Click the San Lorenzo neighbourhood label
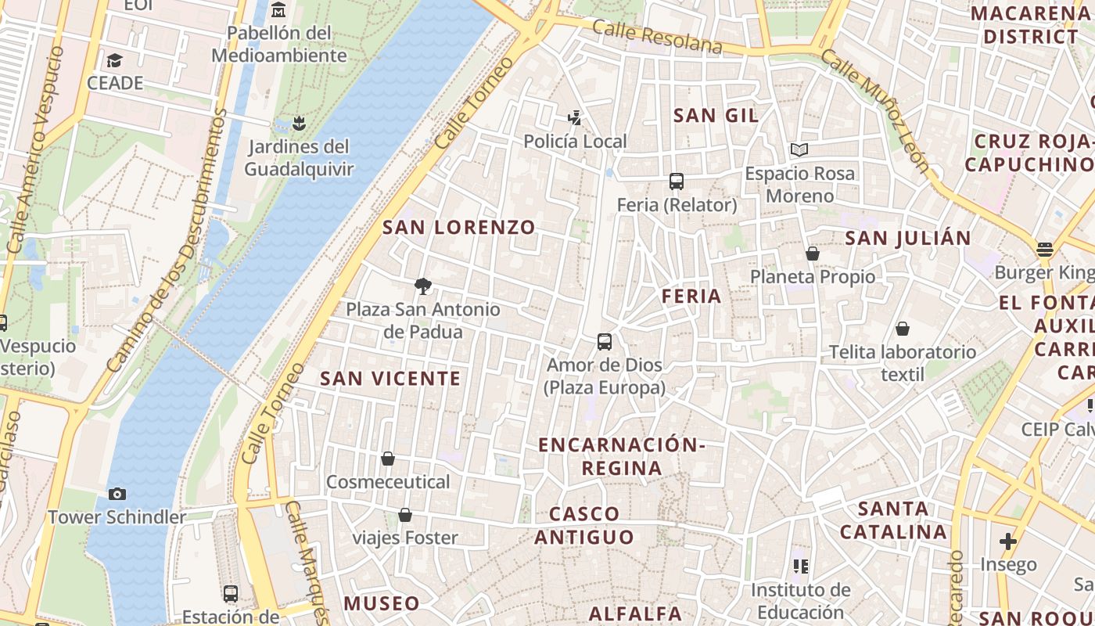coord(459,228)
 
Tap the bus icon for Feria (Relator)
coord(677,182)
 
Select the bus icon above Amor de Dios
coord(605,341)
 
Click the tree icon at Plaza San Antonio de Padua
coord(423,286)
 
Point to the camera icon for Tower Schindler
coord(117,494)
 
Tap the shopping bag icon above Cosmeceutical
coord(388,458)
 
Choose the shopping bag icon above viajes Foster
coord(405,514)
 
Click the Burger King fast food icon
coord(1045,250)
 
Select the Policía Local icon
coord(575,118)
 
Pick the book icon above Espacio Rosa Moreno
coord(799,149)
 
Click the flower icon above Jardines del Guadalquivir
coord(298,123)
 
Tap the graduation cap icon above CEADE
coord(115,60)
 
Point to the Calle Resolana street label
coord(657,38)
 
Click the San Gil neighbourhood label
coord(716,116)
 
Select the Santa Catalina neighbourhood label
coord(892,520)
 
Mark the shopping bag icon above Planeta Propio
coord(813,254)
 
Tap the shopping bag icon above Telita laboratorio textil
coord(903,328)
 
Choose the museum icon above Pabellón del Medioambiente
coord(278,10)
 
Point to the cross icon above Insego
coord(1008,541)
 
